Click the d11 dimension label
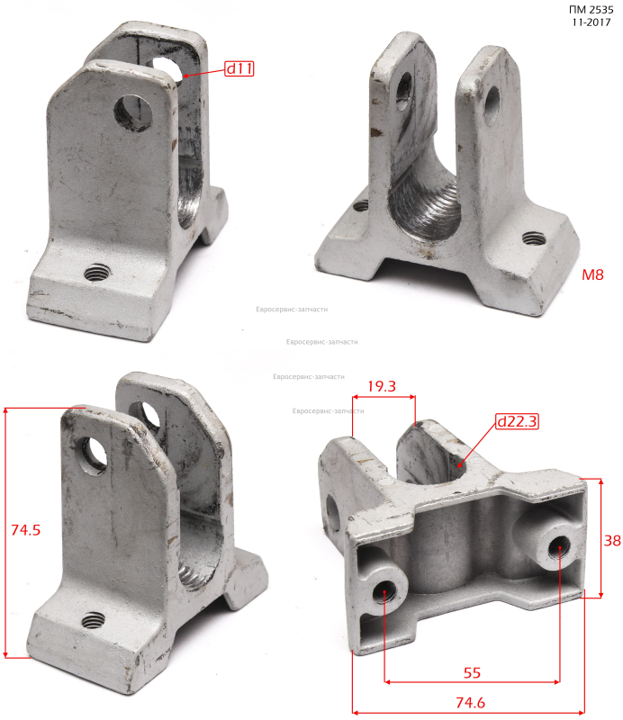tap(239, 68)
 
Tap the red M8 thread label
tap(592, 274)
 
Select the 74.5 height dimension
tap(26, 530)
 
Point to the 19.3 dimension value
tap(382, 386)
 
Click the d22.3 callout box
tap(517, 421)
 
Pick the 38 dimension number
tap(612, 541)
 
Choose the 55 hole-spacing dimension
tap(472, 672)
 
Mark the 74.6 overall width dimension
tap(470, 703)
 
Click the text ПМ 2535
tap(591, 10)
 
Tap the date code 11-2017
tap(591, 22)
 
